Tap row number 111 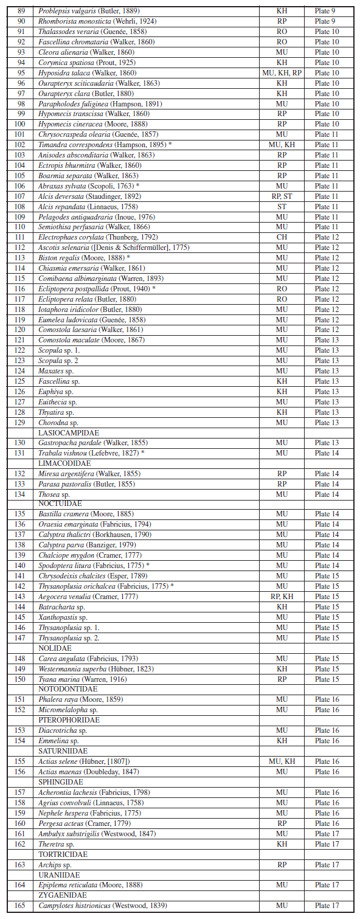pyautogui.click(x=21, y=237)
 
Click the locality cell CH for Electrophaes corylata pyautogui.click(x=282, y=237)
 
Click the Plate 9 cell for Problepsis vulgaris pyautogui.click(x=327, y=11)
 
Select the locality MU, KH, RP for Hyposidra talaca pyautogui.click(x=282, y=73)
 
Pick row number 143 pyautogui.click(x=21, y=597)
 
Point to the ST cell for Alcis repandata pyautogui.click(x=282, y=207)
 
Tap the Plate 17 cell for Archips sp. pyautogui.click(x=327, y=864)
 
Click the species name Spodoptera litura pyautogui.click(x=63, y=566)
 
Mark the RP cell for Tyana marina pyautogui.click(x=282, y=679)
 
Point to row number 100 pyautogui.click(x=21, y=124)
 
